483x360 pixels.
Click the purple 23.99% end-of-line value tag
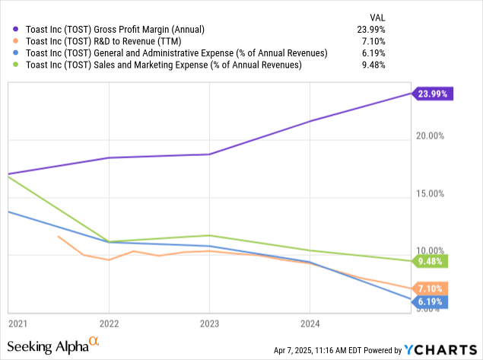tap(434, 94)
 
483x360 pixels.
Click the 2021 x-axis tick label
tap(18, 323)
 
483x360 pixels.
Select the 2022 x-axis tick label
tap(109, 323)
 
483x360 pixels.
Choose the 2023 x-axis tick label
tap(209, 323)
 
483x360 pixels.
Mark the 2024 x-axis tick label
tap(310, 323)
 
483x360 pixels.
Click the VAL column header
tap(377, 16)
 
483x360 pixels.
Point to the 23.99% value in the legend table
tap(370, 29)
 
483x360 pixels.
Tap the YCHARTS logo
tap(440, 349)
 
